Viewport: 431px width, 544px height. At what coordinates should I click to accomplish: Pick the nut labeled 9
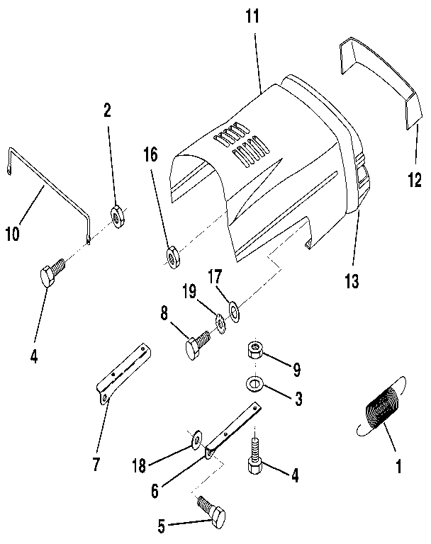[x=256, y=351]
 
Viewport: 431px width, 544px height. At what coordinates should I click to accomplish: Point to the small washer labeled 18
[x=195, y=443]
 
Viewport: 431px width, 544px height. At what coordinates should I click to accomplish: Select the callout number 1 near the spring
[x=398, y=467]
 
